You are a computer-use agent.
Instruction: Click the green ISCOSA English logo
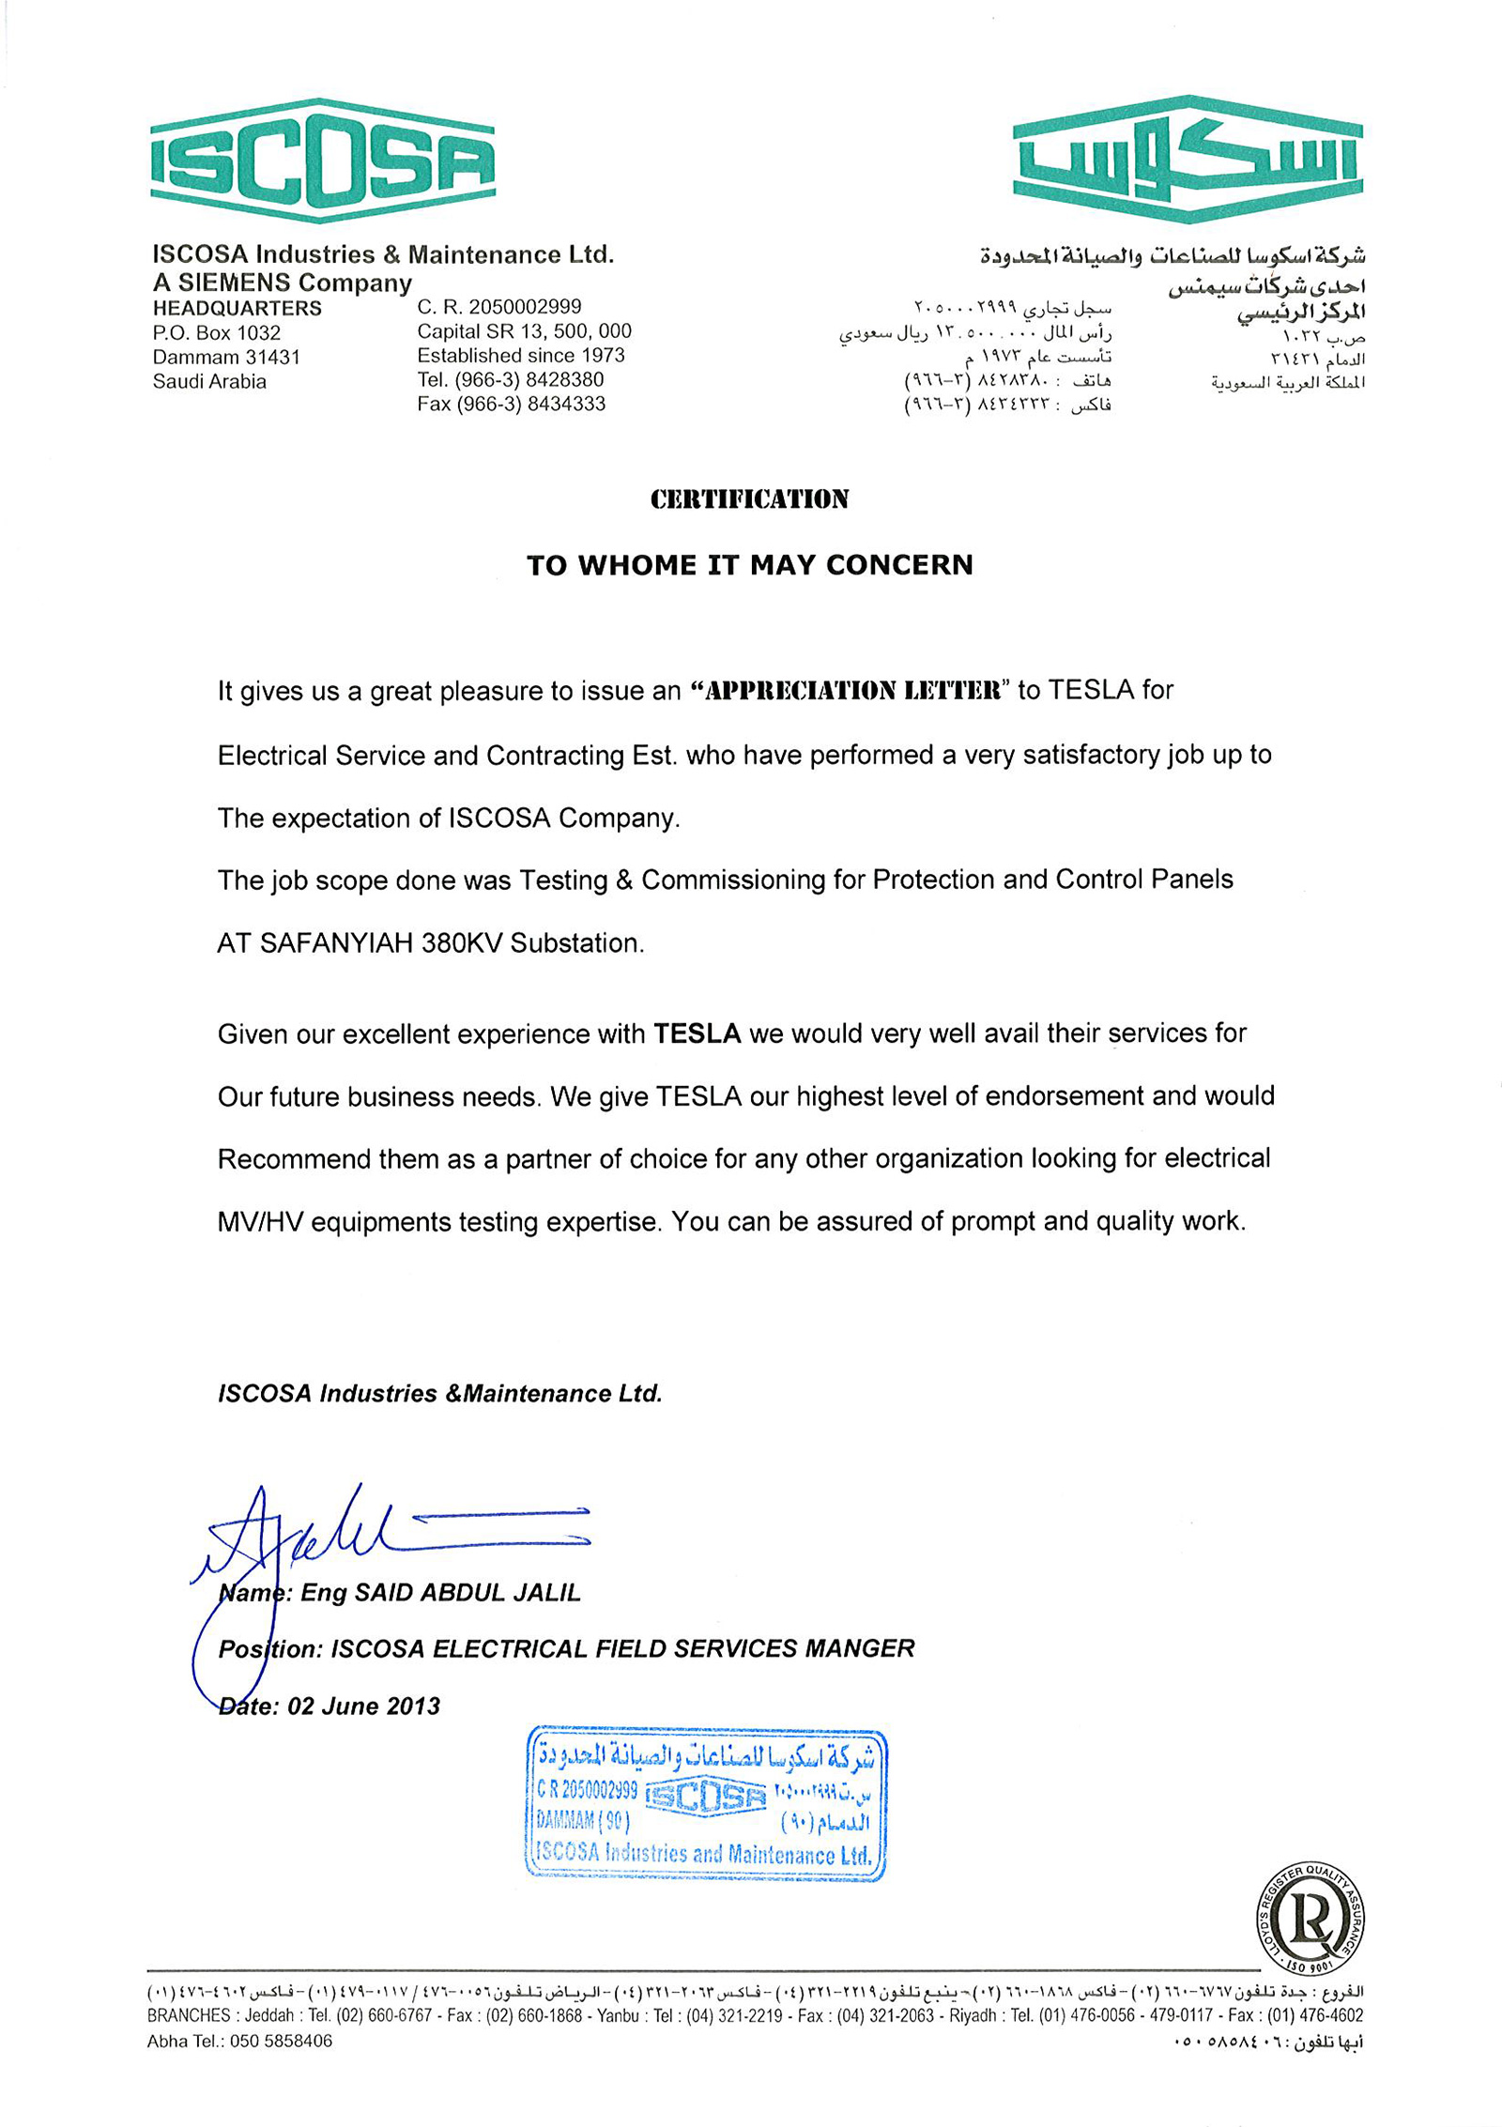tap(322, 161)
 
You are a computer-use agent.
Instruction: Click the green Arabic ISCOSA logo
tap(1188, 159)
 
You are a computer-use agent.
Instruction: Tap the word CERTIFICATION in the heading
tap(749, 499)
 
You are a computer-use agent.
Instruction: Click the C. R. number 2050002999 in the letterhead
tap(525, 307)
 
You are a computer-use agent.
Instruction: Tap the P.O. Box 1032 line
tap(217, 333)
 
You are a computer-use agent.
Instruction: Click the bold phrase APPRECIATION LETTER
tap(851, 691)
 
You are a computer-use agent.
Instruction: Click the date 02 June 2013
tap(363, 1706)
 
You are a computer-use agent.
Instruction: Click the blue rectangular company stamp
tap(706, 1803)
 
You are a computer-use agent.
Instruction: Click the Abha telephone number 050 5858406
tap(281, 2041)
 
